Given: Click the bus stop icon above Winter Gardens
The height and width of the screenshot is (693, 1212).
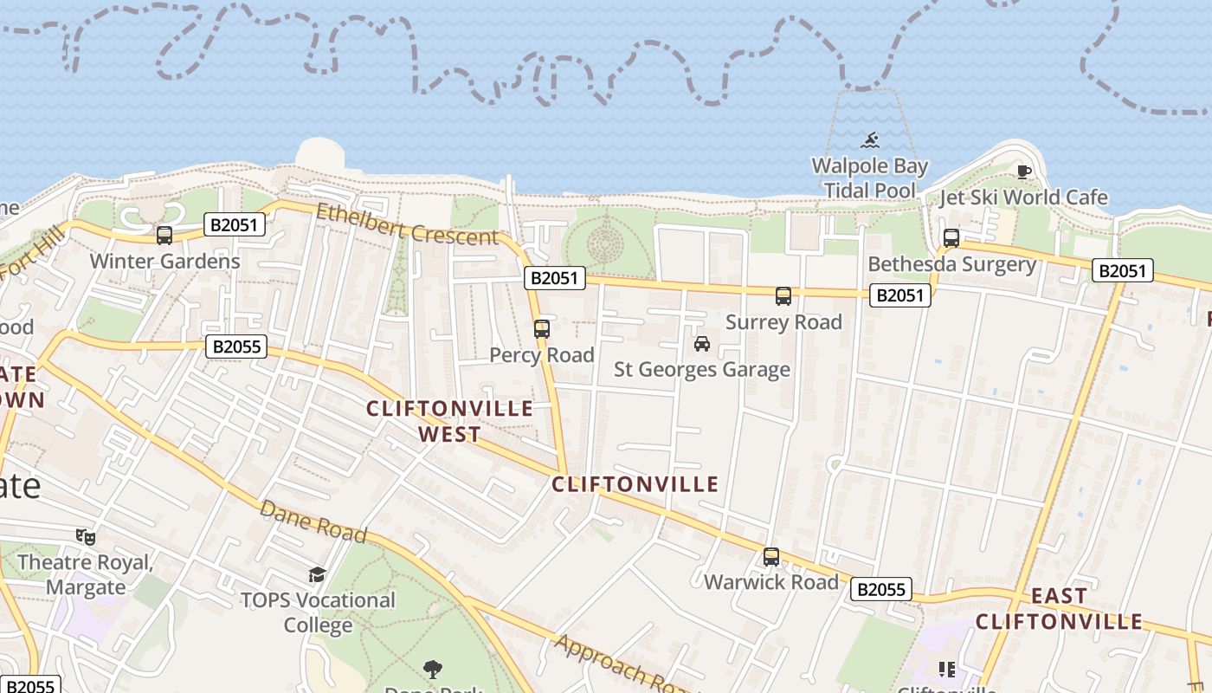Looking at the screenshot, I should (164, 235).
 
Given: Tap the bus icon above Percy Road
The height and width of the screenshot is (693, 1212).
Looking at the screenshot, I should (542, 329).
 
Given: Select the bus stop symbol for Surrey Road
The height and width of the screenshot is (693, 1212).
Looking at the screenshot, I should (783, 296).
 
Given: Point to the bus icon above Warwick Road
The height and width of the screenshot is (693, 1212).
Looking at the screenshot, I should (771, 557).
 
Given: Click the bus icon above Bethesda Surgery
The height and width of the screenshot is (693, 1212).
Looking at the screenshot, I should (951, 237).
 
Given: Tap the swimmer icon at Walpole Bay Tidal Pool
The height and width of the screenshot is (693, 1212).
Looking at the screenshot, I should (870, 140).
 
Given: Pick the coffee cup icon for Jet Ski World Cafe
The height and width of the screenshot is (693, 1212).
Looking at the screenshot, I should (1024, 172).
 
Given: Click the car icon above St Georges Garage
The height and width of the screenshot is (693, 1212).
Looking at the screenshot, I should (702, 344).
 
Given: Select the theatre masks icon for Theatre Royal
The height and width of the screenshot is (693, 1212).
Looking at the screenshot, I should (85, 537).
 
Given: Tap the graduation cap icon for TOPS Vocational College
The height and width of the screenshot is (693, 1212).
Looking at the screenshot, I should (317, 574).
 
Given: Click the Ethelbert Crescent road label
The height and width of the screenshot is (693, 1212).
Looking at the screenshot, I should (407, 224).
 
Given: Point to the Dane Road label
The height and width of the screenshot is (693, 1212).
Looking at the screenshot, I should (313, 521).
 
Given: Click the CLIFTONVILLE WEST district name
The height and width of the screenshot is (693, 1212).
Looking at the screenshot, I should (449, 421).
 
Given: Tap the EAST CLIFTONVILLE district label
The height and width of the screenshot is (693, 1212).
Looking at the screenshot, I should (1059, 609).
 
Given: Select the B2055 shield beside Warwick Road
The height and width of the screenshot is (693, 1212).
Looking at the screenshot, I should (881, 590).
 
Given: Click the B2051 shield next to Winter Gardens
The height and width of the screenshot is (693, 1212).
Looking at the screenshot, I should (235, 225).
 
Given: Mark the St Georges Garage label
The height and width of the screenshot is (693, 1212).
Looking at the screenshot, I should (702, 370).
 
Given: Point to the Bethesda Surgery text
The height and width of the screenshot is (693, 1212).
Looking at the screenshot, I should (951, 264).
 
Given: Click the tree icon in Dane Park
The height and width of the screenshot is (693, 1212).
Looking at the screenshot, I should (432, 669).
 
